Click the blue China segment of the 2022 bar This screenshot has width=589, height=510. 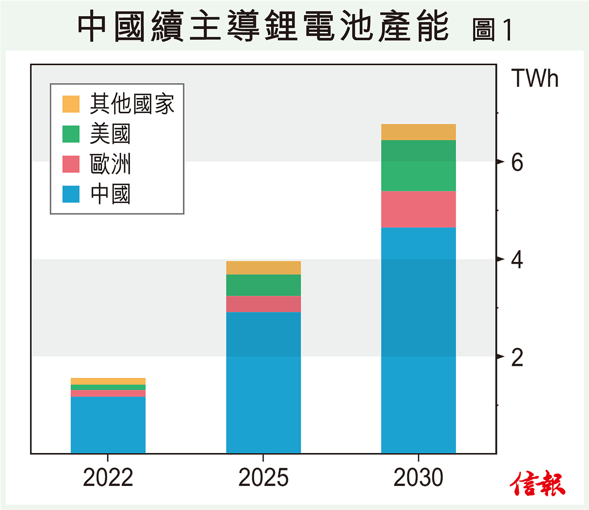[x=108, y=425]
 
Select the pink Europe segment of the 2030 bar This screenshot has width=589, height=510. [x=418, y=209]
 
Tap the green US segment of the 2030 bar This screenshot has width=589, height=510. [x=418, y=165]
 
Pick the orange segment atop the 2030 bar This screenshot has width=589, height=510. [x=418, y=132]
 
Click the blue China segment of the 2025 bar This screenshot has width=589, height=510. [x=263, y=382]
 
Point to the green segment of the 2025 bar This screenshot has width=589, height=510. [x=263, y=285]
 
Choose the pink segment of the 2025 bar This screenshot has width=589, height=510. [x=263, y=304]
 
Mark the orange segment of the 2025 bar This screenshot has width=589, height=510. [x=263, y=268]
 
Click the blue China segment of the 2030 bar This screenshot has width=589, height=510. [x=418, y=340]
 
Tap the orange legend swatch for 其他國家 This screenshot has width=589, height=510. [x=71, y=104]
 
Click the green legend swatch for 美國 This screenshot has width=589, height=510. [x=71, y=134]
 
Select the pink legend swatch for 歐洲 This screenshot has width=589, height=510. [x=71, y=164]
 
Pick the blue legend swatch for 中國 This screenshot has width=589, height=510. [x=71, y=194]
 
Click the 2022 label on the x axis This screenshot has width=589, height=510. [x=108, y=478]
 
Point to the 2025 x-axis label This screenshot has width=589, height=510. [x=263, y=478]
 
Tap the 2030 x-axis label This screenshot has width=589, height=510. [x=418, y=478]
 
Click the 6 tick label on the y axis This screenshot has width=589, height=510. [x=517, y=162]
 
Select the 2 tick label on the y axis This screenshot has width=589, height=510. [x=517, y=357]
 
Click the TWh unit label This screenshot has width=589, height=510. [x=535, y=78]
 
